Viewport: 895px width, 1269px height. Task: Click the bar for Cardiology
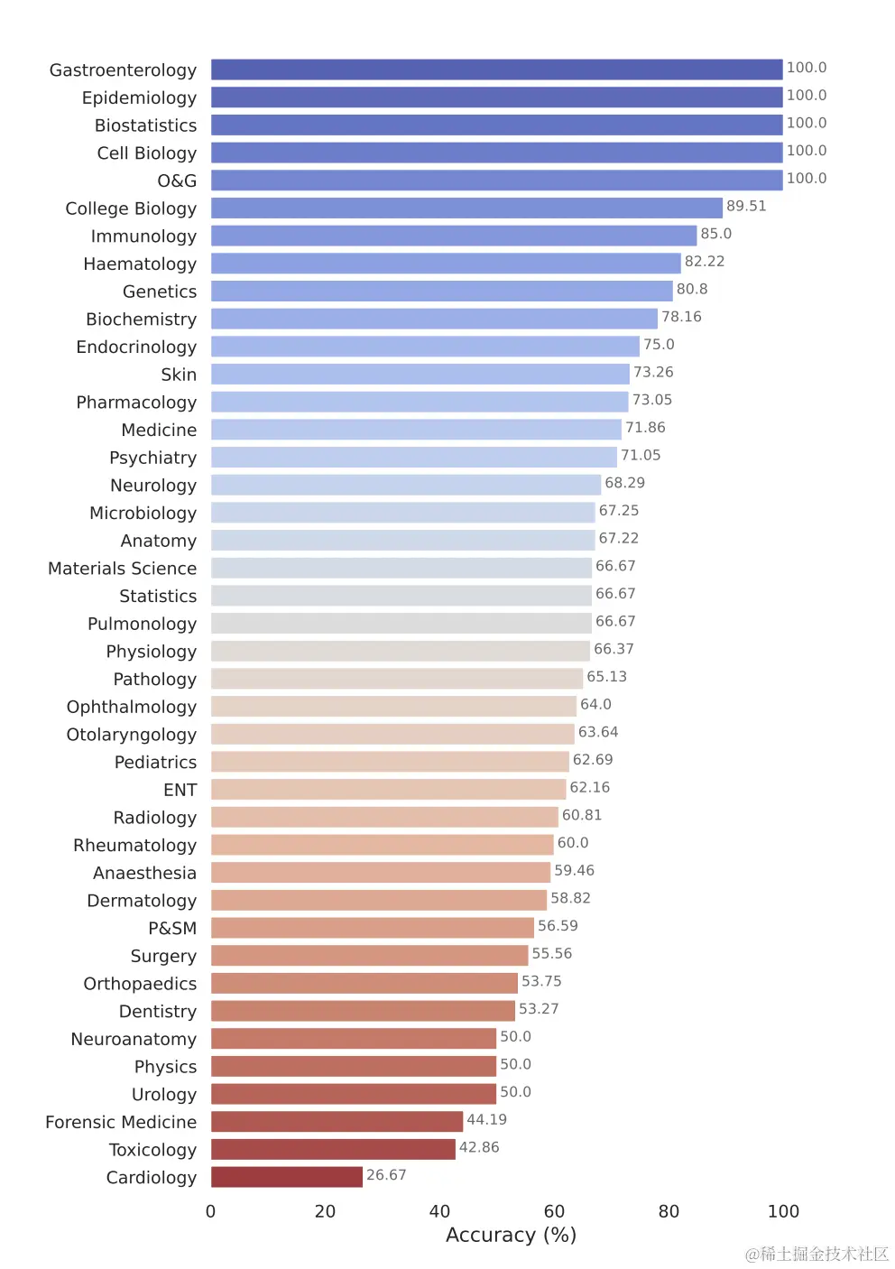(286, 1177)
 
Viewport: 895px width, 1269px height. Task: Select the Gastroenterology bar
(496, 69)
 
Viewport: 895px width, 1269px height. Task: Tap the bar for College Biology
(466, 208)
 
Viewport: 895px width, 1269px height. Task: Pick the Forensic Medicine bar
(337, 1121)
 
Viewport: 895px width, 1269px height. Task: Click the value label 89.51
(746, 206)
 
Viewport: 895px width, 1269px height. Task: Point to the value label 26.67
(386, 1175)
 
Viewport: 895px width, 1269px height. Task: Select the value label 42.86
(479, 1147)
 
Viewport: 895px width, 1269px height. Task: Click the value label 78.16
(681, 317)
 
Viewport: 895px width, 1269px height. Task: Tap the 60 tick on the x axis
(554, 1211)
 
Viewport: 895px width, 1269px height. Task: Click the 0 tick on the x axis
(211, 1211)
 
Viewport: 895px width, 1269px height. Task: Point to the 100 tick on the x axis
(783, 1211)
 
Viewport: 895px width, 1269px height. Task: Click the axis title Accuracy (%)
(511, 1235)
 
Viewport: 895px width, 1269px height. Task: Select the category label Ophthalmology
(132, 707)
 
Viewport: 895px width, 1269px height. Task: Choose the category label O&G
(177, 181)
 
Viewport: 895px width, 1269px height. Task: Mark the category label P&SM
(172, 928)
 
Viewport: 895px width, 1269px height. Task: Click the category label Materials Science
(122, 569)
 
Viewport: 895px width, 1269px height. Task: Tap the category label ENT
(180, 790)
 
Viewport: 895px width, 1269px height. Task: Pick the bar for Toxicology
(333, 1149)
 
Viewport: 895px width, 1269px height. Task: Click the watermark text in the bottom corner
(817, 1254)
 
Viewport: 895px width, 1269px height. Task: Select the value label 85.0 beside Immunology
(715, 234)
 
